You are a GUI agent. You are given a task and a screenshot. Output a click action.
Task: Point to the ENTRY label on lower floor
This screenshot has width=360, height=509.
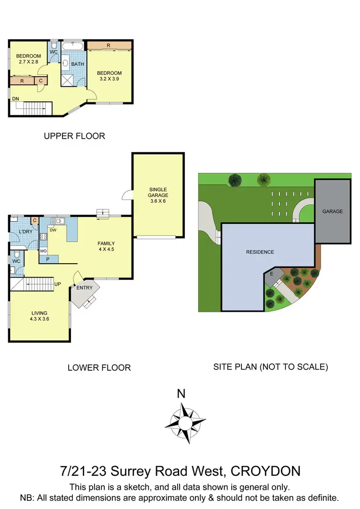[84, 288]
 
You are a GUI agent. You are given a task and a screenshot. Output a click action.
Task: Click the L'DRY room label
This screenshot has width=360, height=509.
[24, 232]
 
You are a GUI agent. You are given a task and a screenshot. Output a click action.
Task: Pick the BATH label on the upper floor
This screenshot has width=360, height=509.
[78, 64]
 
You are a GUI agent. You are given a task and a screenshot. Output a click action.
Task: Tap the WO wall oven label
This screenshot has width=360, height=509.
[43, 251]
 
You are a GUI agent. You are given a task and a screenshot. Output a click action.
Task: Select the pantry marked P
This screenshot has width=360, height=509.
[48, 259]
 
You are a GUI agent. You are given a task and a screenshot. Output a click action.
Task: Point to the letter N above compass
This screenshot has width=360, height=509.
[181, 394]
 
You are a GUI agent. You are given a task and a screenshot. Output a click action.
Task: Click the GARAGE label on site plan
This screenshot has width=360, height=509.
[332, 211]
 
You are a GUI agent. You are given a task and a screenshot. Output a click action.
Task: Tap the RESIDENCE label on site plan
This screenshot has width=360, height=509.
[260, 252]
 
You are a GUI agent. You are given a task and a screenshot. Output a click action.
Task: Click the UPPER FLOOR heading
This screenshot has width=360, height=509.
[74, 136]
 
